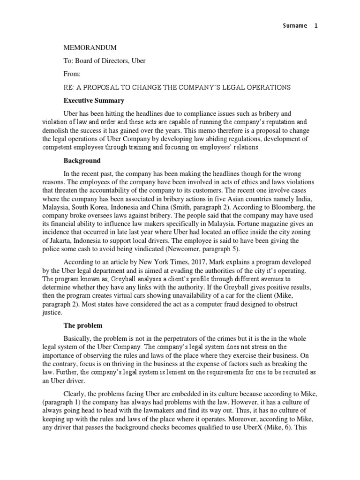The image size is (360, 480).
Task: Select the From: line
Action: (72, 74)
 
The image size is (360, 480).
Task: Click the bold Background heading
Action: (82, 160)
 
